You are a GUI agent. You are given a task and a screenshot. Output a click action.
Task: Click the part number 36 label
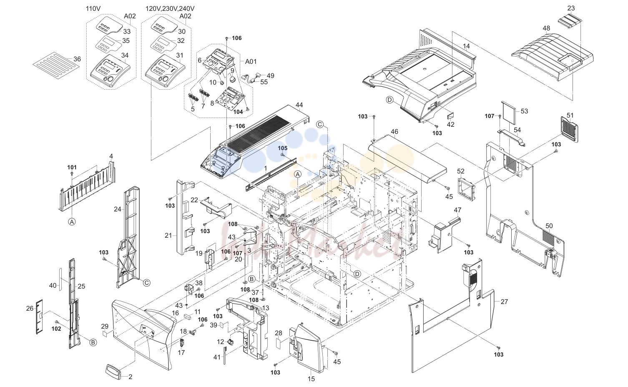(77, 59)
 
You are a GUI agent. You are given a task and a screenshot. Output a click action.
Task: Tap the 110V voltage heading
(93, 9)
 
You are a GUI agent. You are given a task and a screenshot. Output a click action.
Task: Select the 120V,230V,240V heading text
(170, 9)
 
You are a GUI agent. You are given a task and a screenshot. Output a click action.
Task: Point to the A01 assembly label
(251, 61)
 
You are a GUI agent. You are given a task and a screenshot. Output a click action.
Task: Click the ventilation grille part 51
(569, 129)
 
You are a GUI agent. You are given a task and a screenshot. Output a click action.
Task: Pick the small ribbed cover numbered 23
(570, 21)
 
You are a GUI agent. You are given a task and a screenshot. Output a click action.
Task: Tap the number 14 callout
(466, 46)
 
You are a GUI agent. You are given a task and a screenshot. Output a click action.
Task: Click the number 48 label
(546, 28)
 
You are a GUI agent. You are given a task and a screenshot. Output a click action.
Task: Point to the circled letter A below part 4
(72, 222)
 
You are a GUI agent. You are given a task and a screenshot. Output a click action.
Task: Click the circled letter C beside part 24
(147, 283)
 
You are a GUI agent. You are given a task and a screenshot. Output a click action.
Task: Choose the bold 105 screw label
(283, 148)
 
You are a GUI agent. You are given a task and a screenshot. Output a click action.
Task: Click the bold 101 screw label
(72, 167)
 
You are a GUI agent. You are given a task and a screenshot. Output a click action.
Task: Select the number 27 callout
(504, 302)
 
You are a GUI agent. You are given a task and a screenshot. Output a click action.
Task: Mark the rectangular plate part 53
(508, 113)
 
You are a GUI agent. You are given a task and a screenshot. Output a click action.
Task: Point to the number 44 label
(299, 105)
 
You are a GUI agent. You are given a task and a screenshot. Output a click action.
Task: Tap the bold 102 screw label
(56, 328)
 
